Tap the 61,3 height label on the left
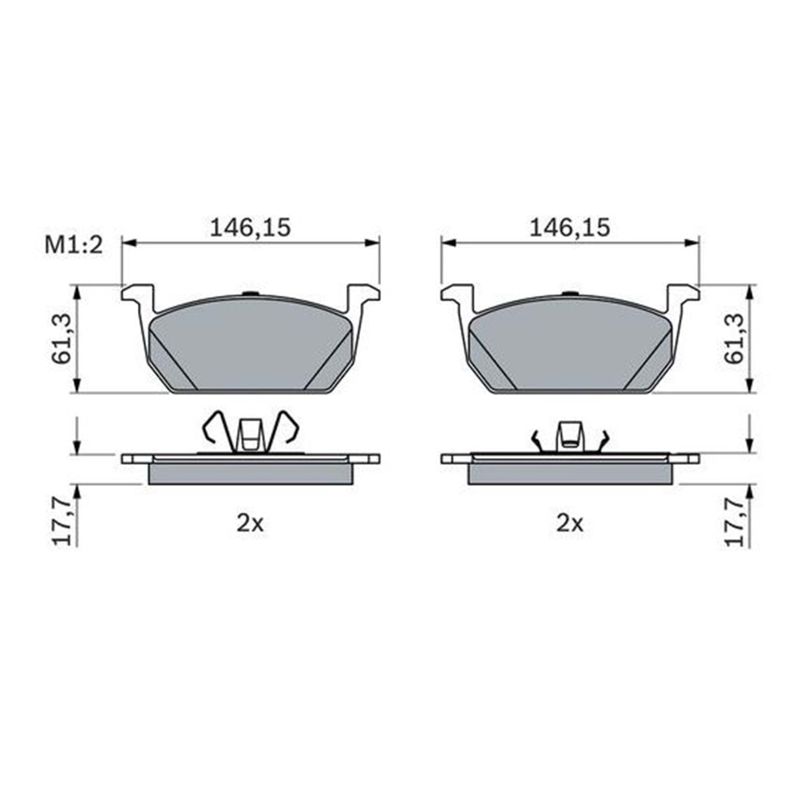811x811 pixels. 63,338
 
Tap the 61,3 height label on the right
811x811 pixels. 737,338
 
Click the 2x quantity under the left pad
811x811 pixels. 250,525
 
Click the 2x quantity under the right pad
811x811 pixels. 569,525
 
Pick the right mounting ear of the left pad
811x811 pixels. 363,295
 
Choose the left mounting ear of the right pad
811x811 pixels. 457,295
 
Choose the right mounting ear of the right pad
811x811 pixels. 682,295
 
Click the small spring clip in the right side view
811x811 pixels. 570,436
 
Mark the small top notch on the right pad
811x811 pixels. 571,294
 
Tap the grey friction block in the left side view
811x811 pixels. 251,473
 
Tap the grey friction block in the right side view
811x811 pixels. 570,473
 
